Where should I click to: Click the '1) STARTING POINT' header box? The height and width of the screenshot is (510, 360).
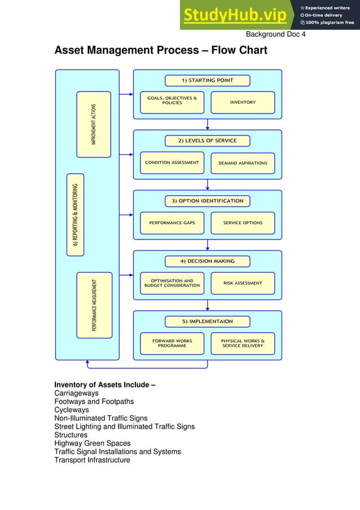207,80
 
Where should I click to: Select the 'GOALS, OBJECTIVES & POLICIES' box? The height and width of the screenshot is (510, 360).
172,102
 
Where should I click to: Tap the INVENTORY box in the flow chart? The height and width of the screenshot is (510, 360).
243,102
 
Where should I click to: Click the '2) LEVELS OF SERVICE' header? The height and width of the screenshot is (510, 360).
207,141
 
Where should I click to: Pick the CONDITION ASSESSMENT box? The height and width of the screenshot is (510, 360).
172,163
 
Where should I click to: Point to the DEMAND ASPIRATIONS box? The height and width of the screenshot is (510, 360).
243,163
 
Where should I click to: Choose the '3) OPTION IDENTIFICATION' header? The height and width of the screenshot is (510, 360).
207,201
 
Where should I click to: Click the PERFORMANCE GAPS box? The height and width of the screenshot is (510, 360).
172,223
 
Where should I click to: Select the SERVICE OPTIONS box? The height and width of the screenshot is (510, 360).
243,223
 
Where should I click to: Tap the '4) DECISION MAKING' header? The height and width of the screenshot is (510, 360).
207,261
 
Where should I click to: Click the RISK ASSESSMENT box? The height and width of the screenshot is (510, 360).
243,284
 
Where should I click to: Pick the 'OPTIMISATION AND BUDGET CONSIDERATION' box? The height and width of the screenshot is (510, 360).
172,284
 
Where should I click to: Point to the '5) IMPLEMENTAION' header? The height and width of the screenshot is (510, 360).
207,321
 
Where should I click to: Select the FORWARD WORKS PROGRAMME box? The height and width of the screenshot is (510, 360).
172,343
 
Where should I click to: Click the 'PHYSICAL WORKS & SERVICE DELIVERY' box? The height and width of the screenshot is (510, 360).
243,343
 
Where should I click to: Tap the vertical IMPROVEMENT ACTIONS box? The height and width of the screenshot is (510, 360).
94,124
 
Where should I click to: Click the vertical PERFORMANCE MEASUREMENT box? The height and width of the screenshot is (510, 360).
94,305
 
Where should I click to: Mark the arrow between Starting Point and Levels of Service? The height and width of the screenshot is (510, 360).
208,124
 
